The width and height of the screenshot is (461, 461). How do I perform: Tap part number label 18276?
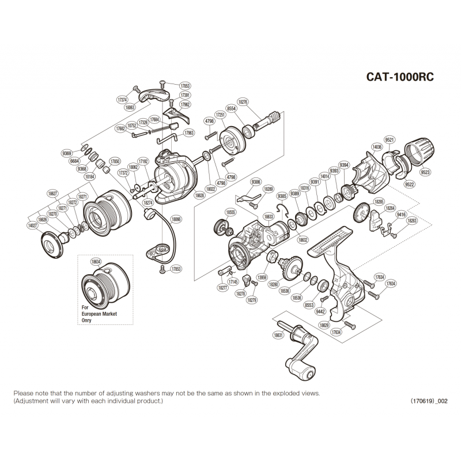(243, 101)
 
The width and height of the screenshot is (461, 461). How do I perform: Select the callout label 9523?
(426, 172)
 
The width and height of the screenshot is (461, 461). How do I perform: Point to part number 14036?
(377, 147)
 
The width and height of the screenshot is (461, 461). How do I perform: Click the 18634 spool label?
(96, 261)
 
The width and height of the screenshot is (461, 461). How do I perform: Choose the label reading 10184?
(90, 177)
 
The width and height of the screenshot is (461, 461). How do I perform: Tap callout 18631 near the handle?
(278, 335)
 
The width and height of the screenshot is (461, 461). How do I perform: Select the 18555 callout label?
(231, 212)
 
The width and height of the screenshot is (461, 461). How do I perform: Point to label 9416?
(401, 214)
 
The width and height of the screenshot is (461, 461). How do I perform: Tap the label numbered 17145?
(232, 282)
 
